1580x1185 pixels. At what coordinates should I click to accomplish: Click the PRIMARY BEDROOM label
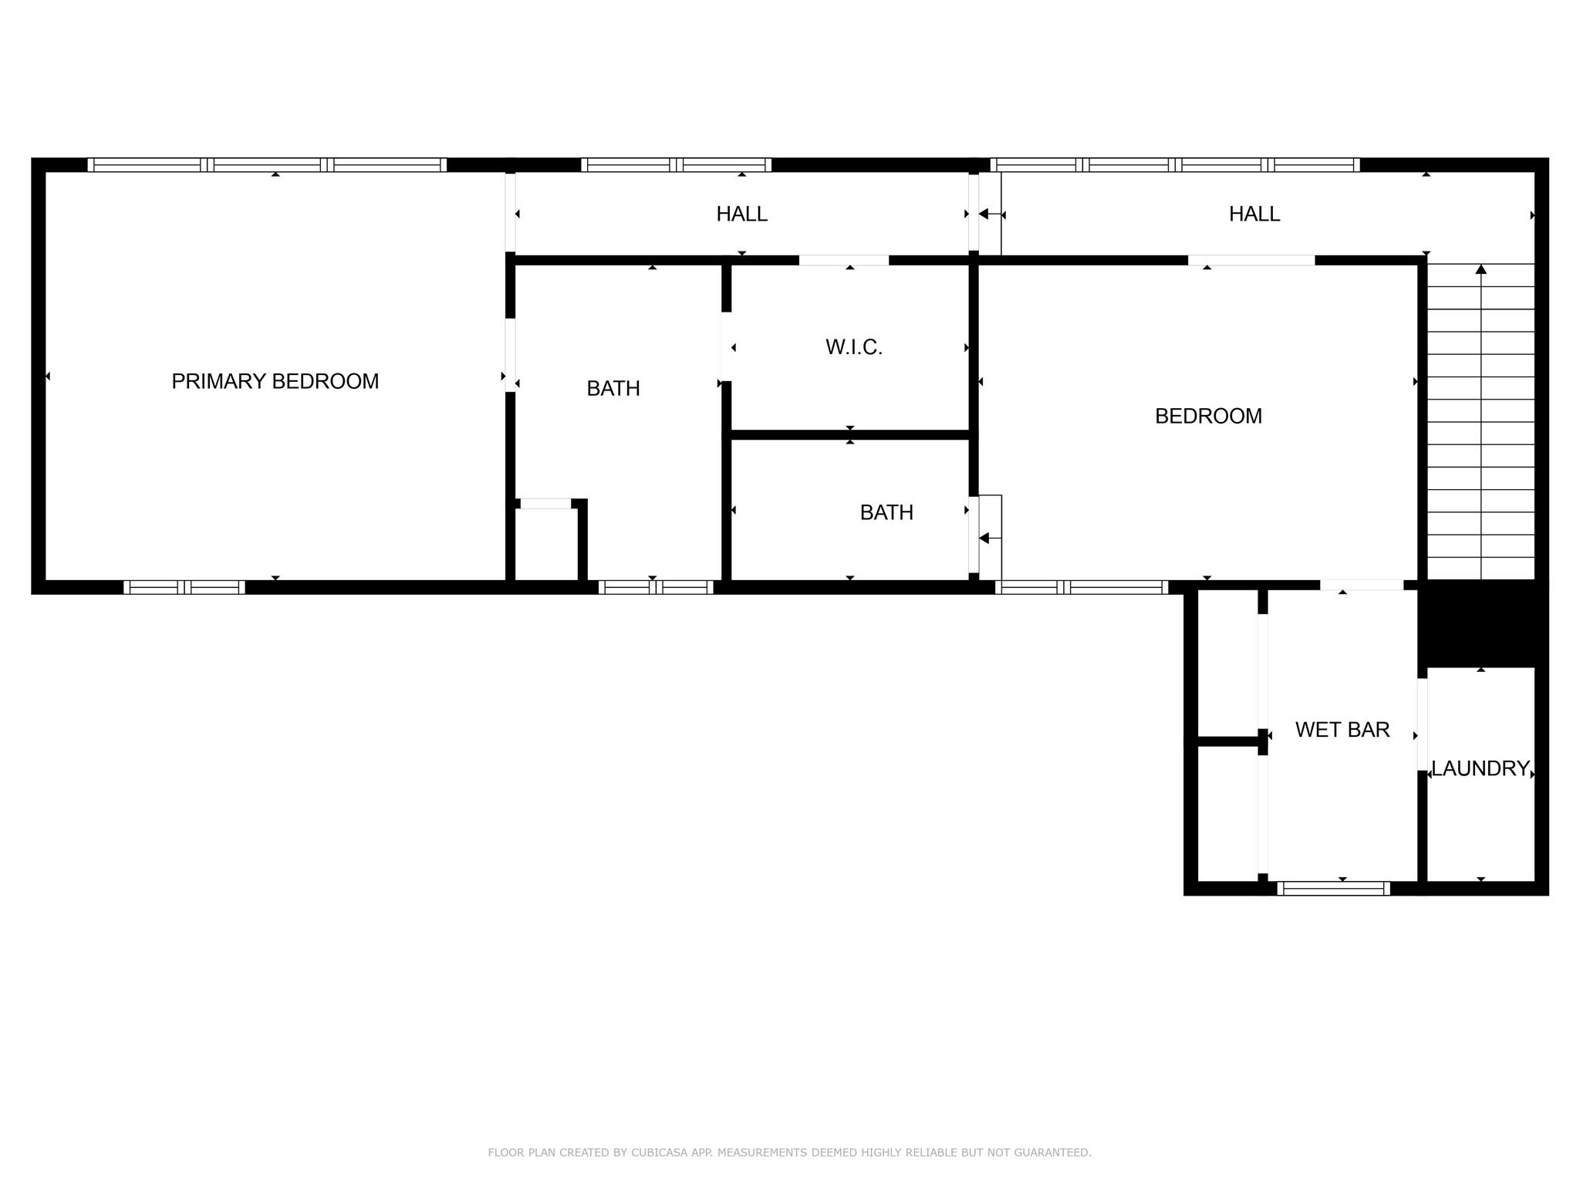pos(275,381)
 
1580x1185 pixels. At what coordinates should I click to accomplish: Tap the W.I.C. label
pos(853,347)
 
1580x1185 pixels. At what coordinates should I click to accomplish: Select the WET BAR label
pos(1342,729)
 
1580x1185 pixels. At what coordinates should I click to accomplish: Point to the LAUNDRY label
pos(1480,768)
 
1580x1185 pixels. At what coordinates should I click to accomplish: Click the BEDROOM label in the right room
pos(1208,416)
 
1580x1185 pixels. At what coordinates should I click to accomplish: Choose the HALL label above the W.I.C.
pos(741,214)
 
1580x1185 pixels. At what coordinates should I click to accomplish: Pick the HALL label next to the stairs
pos(1254,214)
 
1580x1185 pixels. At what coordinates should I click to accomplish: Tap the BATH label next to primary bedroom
pos(613,388)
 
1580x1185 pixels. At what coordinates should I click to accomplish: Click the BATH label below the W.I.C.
pos(886,512)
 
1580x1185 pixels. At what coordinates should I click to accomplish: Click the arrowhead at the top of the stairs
pos(1480,269)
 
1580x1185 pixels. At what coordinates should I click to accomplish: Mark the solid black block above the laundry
pos(1482,624)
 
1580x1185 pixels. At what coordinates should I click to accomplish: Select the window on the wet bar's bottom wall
pos(1333,888)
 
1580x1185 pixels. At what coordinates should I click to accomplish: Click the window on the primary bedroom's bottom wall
pos(184,587)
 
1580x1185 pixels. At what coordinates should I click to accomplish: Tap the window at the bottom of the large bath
pos(656,587)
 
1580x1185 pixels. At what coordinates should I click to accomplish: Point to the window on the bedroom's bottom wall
pos(1082,587)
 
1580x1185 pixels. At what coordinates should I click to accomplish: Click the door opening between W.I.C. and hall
pos(844,260)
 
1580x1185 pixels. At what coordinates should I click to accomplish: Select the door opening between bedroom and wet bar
pos(1362,585)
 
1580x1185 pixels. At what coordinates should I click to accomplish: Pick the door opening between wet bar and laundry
pos(1422,724)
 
